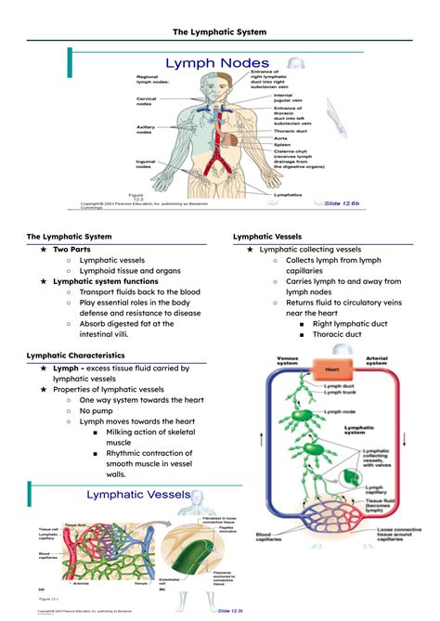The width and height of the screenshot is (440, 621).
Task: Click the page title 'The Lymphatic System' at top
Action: pos(220,31)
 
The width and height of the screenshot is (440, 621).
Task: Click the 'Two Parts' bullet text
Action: pos(72,250)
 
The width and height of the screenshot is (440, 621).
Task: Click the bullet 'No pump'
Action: pos(97,409)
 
